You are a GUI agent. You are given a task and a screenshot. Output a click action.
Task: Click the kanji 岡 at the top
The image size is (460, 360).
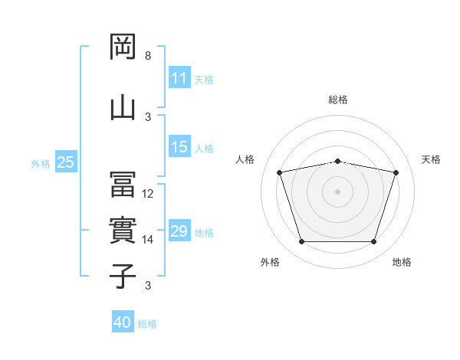click(123, 47)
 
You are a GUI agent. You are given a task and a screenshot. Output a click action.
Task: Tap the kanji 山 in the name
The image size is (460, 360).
click(123, 109)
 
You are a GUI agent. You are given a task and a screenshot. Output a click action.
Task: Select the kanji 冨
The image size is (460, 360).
click(123, 185)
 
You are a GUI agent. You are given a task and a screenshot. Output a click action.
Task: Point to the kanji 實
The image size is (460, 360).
click(123, 231)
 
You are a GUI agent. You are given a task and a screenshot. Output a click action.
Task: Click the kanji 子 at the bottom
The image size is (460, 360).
click(123, 277)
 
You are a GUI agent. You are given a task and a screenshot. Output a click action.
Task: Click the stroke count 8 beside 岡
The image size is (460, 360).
click(148, 56)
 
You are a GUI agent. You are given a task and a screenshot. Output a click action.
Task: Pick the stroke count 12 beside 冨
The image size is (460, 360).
click(147, 194)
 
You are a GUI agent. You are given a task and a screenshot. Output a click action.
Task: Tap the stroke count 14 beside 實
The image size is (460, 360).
click(147, 240)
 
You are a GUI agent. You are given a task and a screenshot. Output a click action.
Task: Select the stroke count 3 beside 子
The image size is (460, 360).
click(148, 286)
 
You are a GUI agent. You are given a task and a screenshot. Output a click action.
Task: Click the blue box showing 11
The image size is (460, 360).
click(180, 77)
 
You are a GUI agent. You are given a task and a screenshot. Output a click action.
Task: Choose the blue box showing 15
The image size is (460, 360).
click(180, 146)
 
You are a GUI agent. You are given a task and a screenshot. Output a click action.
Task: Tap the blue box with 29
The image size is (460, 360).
click(180, 230)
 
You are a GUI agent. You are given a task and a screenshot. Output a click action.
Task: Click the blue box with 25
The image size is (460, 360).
click(66, 162)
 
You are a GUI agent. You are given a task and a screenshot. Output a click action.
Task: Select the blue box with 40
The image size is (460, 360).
click(123, 321)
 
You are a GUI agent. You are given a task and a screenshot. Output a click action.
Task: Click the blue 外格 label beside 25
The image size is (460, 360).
click(41, 164)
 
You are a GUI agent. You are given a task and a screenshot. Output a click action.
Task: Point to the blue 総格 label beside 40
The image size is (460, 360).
click(147, 324)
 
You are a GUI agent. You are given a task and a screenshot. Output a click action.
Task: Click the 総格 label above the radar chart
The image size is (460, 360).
click(338, 100)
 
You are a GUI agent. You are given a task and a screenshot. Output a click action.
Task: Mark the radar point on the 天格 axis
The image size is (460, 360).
click(396, 172)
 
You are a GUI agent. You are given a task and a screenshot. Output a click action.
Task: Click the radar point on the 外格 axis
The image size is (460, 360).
click(302, 242)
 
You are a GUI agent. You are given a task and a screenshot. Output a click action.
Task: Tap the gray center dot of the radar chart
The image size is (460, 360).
click(337, 192)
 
